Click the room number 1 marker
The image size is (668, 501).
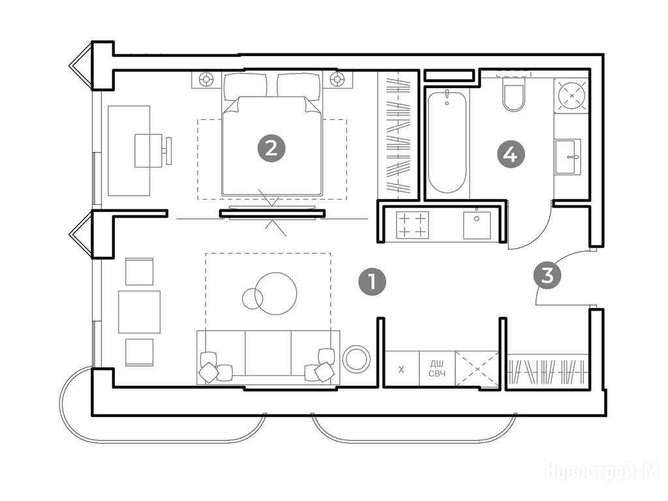[372, 282]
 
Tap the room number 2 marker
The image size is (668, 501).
[271, 148]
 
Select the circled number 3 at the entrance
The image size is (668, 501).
[547, 275]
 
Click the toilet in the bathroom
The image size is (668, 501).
[513, 94]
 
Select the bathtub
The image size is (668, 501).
[447, 142]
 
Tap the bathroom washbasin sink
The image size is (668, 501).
[568, 157]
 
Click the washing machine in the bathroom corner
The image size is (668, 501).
[571, 95]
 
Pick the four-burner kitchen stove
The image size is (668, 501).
[412, 225]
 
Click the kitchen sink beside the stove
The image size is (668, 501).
[477, 225]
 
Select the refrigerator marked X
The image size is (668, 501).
[401, 369]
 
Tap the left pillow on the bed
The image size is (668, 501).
[245, 87]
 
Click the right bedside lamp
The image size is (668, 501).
[337, 79]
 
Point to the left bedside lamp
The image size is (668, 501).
[207, 79]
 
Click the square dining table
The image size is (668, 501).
[140, 312]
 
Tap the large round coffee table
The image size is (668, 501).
[277, 294]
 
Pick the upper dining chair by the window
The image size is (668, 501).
[140, 271]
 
